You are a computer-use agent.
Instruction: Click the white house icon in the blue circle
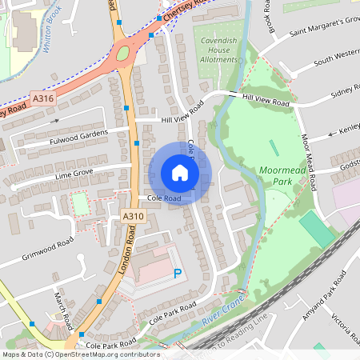point(180,173)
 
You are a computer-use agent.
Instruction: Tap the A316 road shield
point(43,98)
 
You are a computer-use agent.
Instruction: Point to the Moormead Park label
point(280,176)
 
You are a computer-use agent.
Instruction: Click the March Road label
point(64,304)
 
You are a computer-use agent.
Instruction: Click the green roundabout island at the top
point(122,55)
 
